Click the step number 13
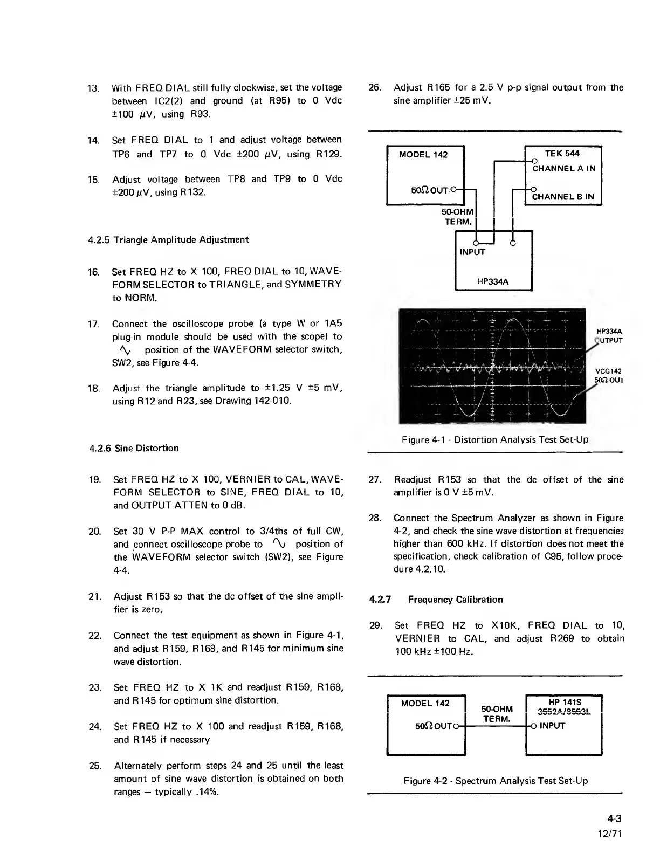pyautogui.click(x=92, y=88)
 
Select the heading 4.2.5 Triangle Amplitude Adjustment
pyautogui.click(x=168, y=239)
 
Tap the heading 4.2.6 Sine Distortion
pyautogui.click(x=134, y=448)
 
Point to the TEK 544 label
pyautogui.click(x=562, y=154)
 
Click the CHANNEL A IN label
pyautogui.click(x=563, y=168)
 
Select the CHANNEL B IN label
pyautogui.click(x=563, y=197)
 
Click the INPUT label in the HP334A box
pyautogui.click(x=472, y=252)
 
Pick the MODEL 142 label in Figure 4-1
pyautogui.click(x=423, y=155)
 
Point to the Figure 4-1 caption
pyautogui.click(x=494, y=439)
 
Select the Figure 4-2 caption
pyautogui.click(x=496, y=781)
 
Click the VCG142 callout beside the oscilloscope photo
pyautogui.click(x=608, y=371)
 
